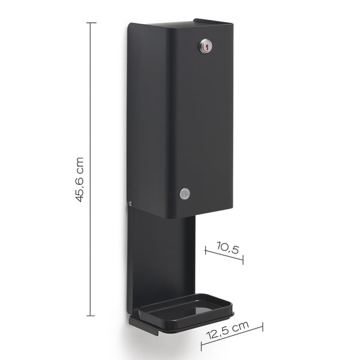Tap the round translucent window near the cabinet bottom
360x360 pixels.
coord(185,194)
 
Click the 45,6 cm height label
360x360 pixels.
coord(80,180)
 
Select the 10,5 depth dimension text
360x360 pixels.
coord(227,248)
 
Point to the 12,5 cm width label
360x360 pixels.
coord(227,330)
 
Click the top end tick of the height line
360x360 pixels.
coord(91,23)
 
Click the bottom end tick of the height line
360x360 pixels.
coord(91,316)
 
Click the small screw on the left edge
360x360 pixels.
coord(130,203)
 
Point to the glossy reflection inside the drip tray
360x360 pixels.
coord(202,310)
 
